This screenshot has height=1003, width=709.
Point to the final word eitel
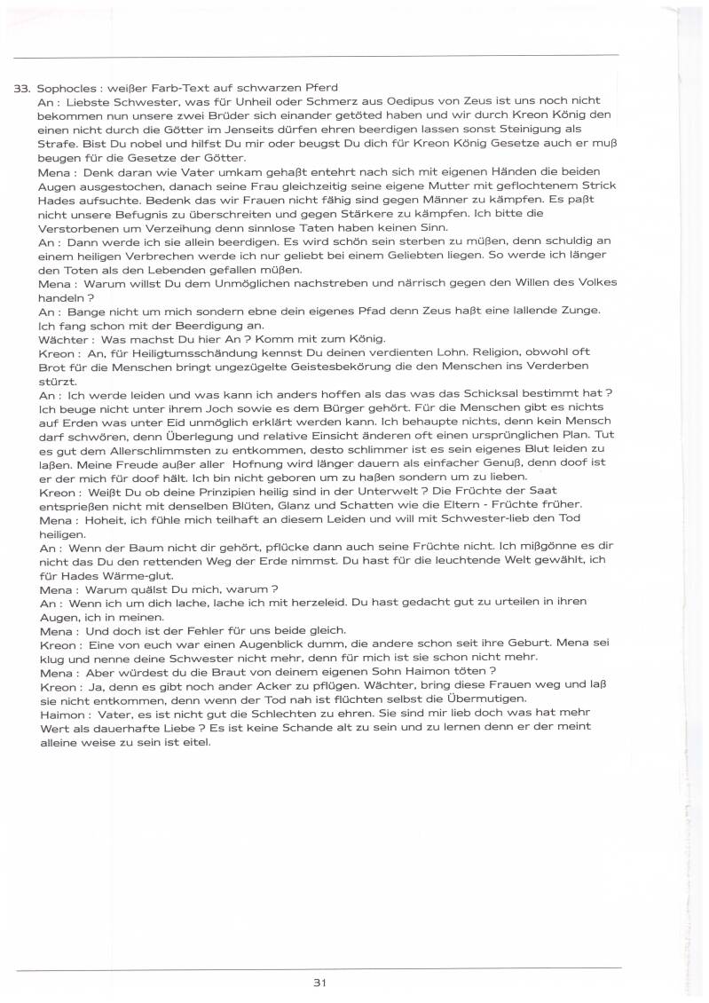pyautogui.click(x=194, y=741)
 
